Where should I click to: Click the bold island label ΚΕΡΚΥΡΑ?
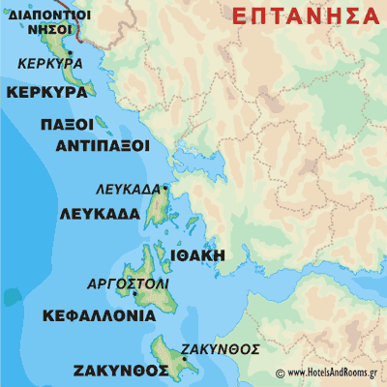point(45,93)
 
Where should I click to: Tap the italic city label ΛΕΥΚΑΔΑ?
point(128,189)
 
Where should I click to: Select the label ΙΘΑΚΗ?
point(196,254)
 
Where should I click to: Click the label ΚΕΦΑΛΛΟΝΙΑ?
point(99,315)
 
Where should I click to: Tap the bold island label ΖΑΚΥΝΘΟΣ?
point(114,371)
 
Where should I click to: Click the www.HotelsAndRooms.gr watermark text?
point(329,373)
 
